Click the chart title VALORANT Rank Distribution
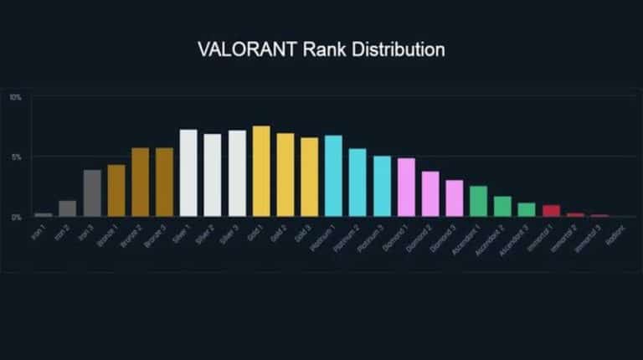click(321, 49)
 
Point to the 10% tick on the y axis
click(15, 98)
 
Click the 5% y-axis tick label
click(15, 157)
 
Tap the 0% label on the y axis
click(15, 217)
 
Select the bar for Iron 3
click(92, 193)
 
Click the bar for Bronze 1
click(116, 191)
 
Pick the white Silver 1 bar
click(188, 173)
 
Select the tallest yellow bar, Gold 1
click(261, 172)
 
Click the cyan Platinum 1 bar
click(333, 176)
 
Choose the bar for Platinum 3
click(382, 186)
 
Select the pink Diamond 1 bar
click(406, 188)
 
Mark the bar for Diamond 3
click(454, 198)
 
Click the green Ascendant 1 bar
click(478, 202)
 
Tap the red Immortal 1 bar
click(551, 211)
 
